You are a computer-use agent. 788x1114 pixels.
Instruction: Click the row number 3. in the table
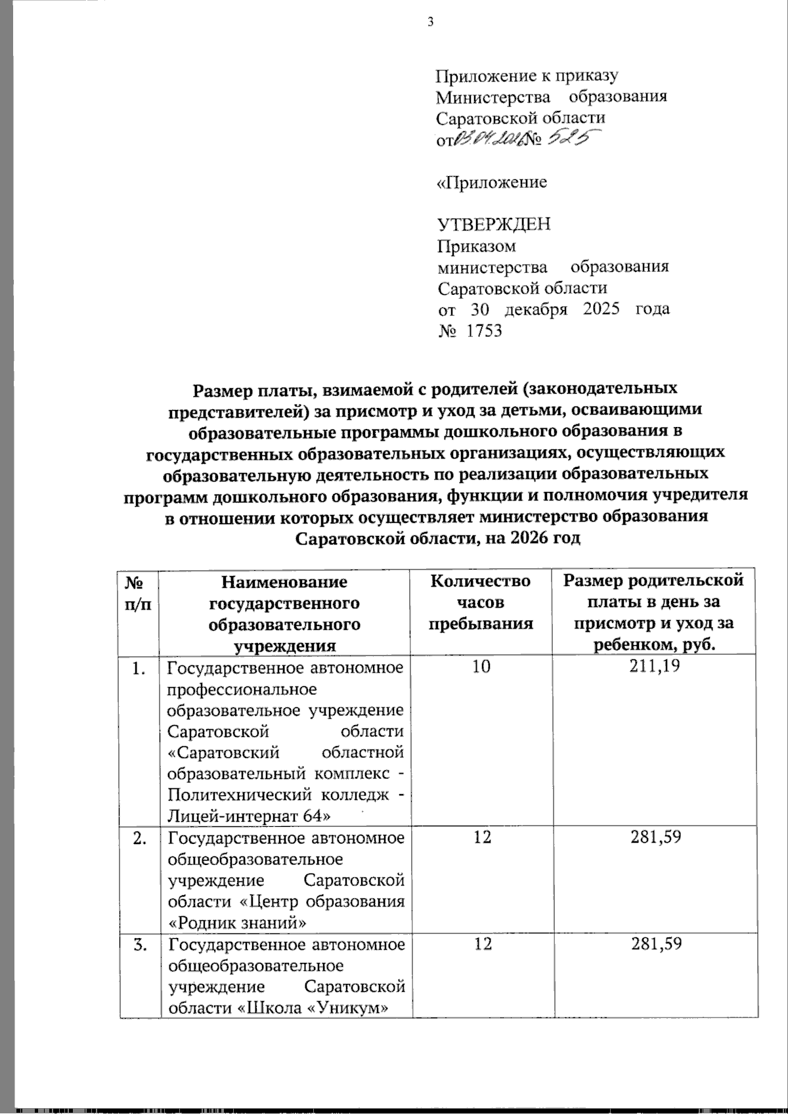tap(140, 945)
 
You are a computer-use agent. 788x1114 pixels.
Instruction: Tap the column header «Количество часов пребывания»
tap(481, 602)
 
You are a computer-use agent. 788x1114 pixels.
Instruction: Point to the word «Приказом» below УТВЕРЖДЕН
tap(477, 246)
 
